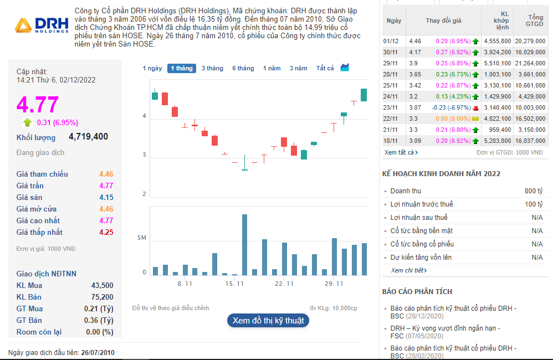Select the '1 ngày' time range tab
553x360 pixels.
(x=152, y=68)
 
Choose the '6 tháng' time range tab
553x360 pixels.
(x=243, y=68)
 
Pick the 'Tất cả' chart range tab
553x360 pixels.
(x=325, y=68)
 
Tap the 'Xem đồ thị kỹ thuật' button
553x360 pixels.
(x=268, y=320)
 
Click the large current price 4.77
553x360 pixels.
(x=38, y=105)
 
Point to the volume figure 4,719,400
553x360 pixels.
(x=88, y=137)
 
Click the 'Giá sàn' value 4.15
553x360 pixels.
(x=106, y=197)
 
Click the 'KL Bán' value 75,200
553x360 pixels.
(x=102, y=297)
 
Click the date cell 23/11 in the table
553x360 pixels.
(x=391, y=107)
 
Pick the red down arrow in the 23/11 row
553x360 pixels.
(x=475, y=107)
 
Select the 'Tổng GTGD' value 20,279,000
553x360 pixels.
(x=530, y=41)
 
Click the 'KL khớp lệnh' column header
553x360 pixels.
(x=504, y=20)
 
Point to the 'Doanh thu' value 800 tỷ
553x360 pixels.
(x=534, y=191)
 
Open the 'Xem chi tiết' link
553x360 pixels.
(x=409, y=270)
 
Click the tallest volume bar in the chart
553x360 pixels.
(x=244, y=244)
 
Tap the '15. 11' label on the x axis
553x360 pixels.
(x=235, y=284)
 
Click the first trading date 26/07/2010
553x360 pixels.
(x=98, y=352)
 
